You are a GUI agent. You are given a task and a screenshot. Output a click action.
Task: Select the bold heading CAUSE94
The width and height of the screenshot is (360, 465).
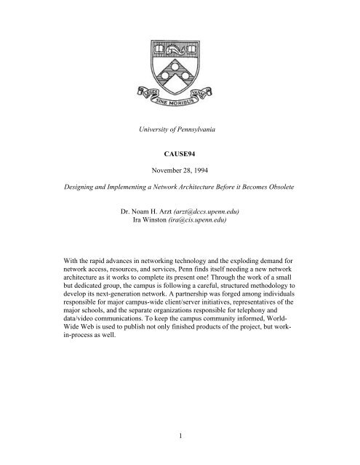(x=180, y=175)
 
